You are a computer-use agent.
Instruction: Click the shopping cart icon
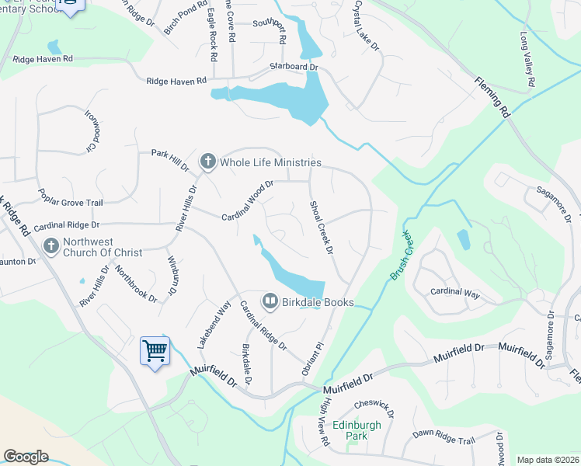(155, 351)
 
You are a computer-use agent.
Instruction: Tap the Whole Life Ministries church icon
(207, 162)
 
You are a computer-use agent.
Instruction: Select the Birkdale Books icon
(270, 301)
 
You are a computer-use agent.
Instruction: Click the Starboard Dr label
(294, 68)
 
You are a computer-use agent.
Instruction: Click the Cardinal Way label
(455, 292)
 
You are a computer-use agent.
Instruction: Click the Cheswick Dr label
(375, 409)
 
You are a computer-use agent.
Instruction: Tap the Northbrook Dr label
(130, 283)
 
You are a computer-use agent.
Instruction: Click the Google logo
(26, 457)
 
